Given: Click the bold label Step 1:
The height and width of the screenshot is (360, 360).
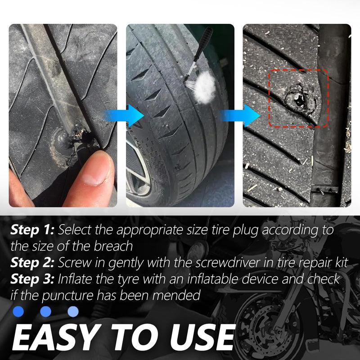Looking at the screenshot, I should coord(32,231).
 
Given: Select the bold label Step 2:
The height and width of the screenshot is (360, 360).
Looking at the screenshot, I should coord(33,263).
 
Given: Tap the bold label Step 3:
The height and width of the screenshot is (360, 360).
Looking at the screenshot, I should coord(33,279).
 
